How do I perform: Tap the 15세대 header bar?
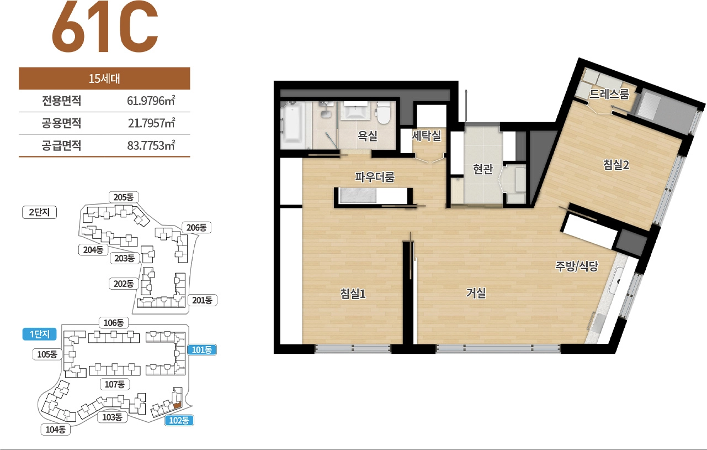click(x=104, y=78)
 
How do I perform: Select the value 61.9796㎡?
click(x=151, y=101)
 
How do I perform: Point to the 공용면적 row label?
click(x=62, y=123)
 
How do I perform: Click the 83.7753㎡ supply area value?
click(x=151, y=145)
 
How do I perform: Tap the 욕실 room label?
click(x=368, y=136)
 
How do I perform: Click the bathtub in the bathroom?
click(x=293, y=124)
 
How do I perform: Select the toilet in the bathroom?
click(x=384, y=113)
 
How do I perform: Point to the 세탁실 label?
click(x=427, y=135)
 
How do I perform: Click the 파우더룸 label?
click(x=375, y=177)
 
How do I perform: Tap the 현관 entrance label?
click(x=482, y=169)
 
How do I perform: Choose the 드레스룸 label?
click(x=609, y=94)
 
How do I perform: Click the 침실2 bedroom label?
click(x=616, y=165)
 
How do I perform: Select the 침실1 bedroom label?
click(x=353, y=294)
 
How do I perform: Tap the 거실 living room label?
click(x=476, y=293)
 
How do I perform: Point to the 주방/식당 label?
click(x=577, y=266)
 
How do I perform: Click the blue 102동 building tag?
click(x=179, y=420)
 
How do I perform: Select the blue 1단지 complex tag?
click(x=39, y=334)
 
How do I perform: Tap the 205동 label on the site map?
click(x=124, y=197)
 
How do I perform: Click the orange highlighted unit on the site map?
click(x=177, y=405)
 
